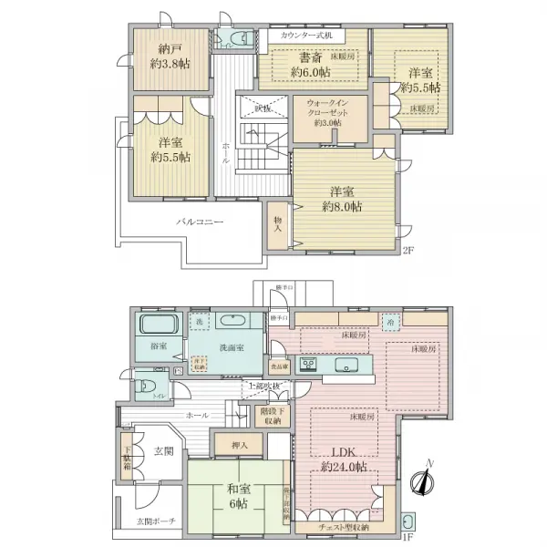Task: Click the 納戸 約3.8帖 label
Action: (x=171, y=57)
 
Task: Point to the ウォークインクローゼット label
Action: (x=327, y=112)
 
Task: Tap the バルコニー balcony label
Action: (x=201, y=222)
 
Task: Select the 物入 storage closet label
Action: (x=279, y=223)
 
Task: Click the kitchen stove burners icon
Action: (x=308, y=366)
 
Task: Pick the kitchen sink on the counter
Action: (x=350, y=365)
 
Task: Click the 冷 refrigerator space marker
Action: (x=388, y=322)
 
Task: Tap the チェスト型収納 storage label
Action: (x=345, y=526)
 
